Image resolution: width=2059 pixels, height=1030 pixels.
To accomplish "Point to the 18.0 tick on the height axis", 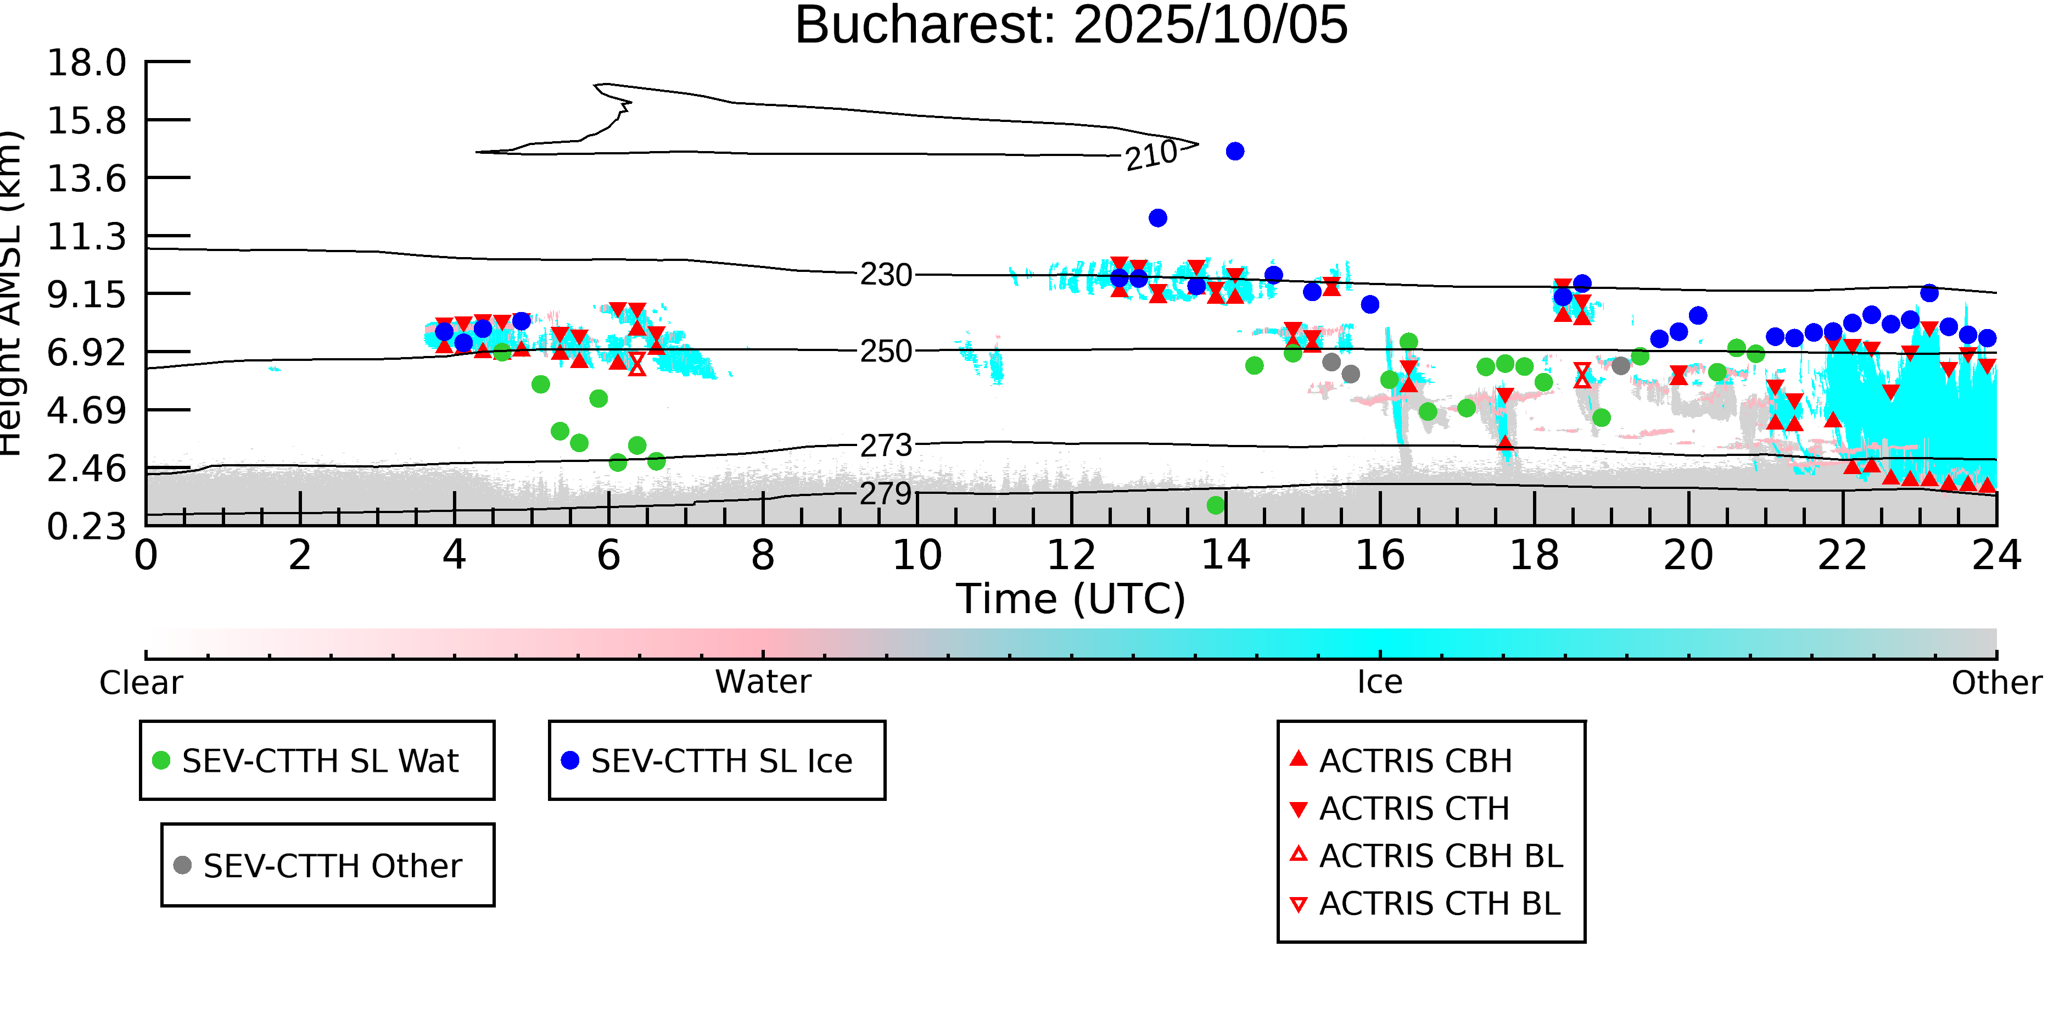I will [x=86, y=63].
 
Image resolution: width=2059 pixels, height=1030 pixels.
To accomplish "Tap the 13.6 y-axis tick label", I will [x=86, y=179].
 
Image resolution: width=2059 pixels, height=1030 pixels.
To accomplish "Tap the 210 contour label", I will [x=1151, y=155].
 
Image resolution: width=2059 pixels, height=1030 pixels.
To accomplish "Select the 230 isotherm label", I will [x=886, y=275].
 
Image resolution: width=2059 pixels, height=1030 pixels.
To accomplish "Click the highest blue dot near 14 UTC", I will [x=1235, y=151].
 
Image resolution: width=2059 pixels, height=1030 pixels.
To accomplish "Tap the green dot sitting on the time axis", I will [x=1216, y=505].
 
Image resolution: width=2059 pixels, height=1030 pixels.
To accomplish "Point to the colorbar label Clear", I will [x=141, y=683].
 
